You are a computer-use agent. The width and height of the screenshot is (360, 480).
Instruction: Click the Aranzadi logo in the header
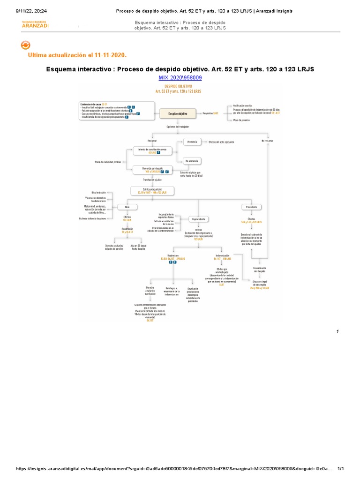pyautogui.click(x=35, y=25)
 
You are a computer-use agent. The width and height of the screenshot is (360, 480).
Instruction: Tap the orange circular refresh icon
pyautogui.click(x=26, y=45)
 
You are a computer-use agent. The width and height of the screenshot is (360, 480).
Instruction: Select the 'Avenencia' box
pyautogui.click(x=192, y=142)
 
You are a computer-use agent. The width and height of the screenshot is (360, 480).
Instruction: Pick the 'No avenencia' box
pyautogui.click(x=192, y=161)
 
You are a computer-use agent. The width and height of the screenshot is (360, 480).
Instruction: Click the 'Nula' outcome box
pyautogui.click(x=127, y=207)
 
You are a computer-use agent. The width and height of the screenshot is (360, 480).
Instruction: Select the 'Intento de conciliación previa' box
pyautogui.click(x=153, y=150)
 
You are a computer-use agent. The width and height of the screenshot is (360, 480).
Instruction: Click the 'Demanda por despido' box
pyautogui.click(x=153, y=170)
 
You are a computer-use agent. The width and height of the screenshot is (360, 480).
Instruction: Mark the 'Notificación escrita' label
pyautogui.click(x=243, y=106)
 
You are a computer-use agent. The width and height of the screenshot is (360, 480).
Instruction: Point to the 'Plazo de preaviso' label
pyautogui.click(x=241, y=120)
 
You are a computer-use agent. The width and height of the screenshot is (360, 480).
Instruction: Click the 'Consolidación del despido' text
pyautogui.click(x=260, y=270)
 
